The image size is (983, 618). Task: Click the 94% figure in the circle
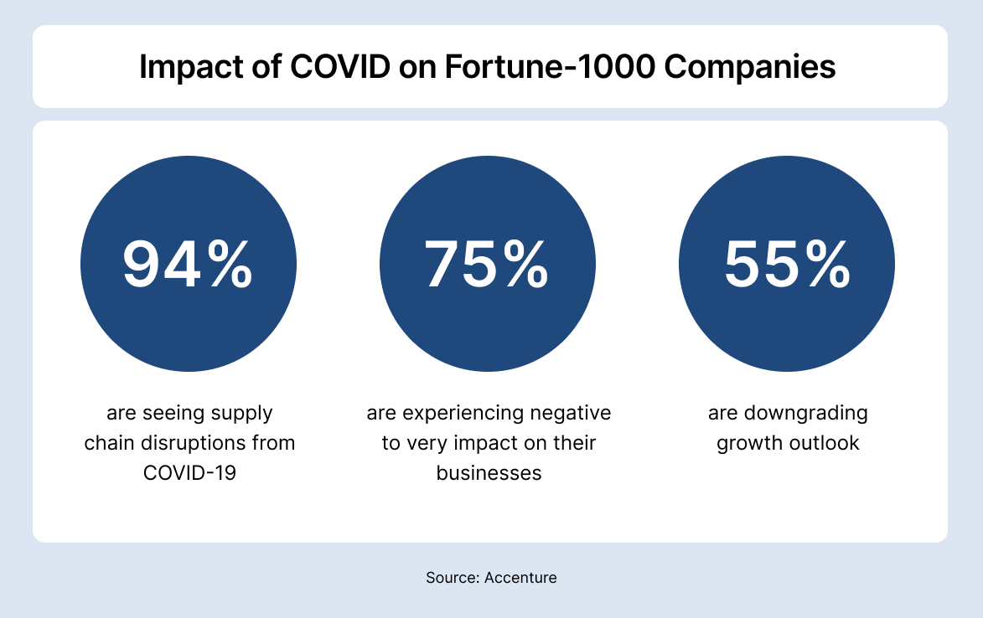(x=188, y=264)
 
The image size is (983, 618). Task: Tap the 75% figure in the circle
(x=487, y=264)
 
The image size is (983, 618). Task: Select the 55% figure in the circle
(x=787, y=264)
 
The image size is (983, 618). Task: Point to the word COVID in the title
(x=339, y=67)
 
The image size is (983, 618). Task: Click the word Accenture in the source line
(x=520, y=577)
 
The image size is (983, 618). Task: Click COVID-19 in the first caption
(x=189, y=472)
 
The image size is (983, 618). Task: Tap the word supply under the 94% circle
(x=241, y=414)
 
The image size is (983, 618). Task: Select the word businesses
(x=489, y=472)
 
